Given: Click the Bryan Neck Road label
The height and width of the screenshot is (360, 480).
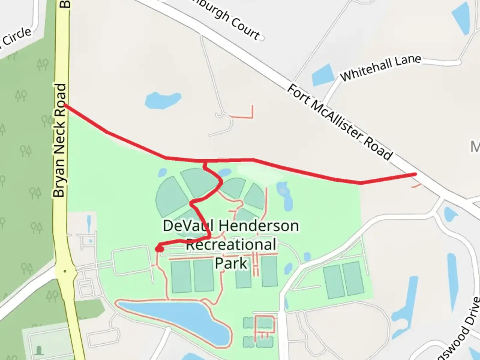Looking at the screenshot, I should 59,140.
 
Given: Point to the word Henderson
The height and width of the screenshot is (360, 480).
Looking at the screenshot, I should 259,226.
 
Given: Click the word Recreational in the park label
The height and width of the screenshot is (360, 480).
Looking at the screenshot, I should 231,245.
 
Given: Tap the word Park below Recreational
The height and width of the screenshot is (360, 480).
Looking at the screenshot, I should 231,263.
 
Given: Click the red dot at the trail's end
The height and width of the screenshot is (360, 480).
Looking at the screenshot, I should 160,249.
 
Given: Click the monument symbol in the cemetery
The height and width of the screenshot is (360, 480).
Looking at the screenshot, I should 39,350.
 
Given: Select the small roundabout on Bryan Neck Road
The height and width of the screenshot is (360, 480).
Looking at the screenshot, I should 65,271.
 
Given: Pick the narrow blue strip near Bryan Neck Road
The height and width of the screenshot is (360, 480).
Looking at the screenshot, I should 89,224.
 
